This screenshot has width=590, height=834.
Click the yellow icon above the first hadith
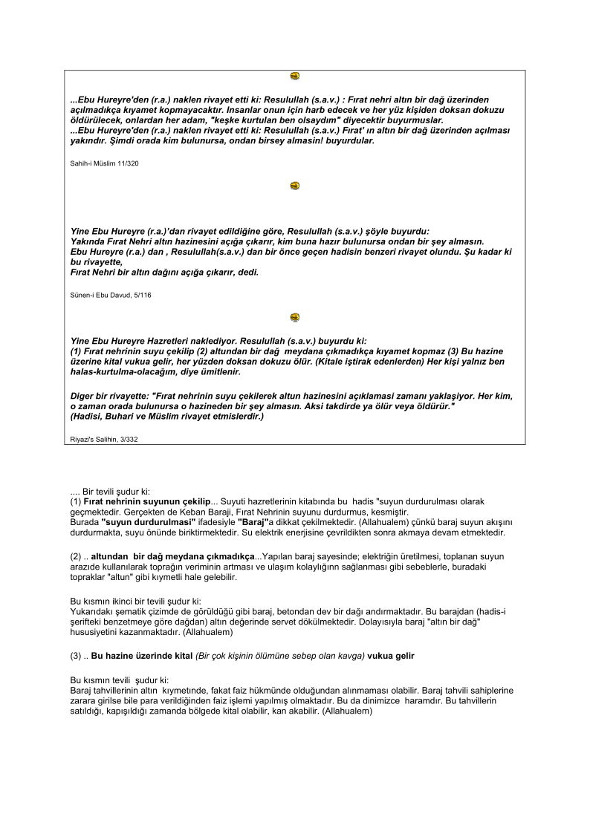(295, 76)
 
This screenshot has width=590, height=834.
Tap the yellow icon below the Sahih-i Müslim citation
(295, 186)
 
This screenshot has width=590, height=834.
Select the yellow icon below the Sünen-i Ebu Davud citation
(295, 317)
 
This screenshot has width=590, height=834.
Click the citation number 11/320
(126, 163)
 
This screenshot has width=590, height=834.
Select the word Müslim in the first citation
(101, 163)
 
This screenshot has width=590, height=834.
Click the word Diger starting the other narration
(84, 396)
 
